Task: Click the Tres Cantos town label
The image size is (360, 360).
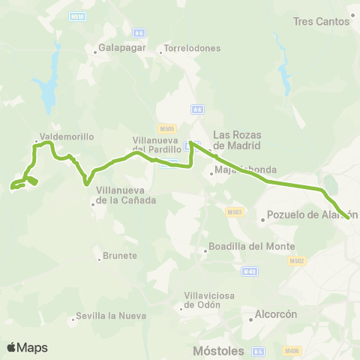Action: click(322, 22)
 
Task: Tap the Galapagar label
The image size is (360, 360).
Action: click(118, 51)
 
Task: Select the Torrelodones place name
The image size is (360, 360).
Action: click(193, 49)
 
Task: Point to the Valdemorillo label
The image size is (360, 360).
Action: click(68, 137)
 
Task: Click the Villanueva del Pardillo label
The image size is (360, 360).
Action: click(157, 144)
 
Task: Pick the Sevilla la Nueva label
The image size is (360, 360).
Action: click(104, 316)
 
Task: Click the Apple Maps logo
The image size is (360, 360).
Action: click(27, 347)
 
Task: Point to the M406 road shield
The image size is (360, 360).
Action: click(292, 350)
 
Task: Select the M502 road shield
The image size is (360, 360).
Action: click(295, 261)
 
